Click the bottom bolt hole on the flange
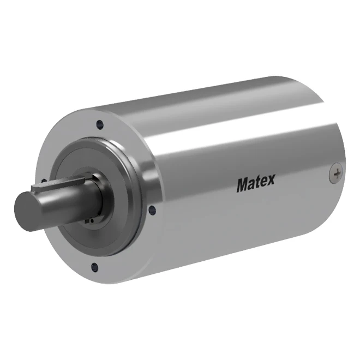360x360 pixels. [94, 267]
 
